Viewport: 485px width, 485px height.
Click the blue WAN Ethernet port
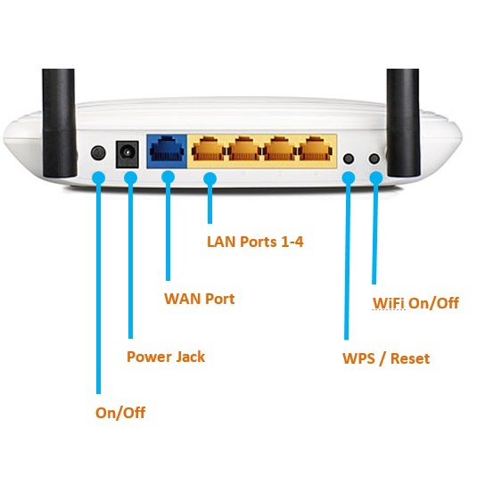(x=167, y=151)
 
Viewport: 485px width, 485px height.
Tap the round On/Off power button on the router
(x=98, y=152)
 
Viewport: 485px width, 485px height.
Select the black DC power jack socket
(x=127, y=154)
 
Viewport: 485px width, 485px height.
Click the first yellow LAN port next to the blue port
(x=209, y=150)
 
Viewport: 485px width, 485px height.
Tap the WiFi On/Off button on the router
(x=374, y=159)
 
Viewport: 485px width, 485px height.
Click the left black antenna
(x=59, y=123)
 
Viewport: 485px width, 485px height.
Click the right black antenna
(x=404, y=123)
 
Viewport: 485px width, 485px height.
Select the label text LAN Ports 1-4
(x=255, y=242)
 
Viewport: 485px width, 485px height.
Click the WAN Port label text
(x=200, y=299)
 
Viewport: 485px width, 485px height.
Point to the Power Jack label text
(x=166, y=357)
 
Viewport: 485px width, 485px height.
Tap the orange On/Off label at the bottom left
(x=120, y=413)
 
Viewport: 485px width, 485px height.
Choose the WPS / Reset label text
(x=386, y=358)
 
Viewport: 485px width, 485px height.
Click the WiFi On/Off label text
(x=415, y=303)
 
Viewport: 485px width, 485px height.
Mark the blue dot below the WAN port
(x=168, y=177)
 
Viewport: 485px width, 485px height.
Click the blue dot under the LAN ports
(x=210, y=179)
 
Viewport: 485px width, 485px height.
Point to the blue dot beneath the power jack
(x=130, y=178)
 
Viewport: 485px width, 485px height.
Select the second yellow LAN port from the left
(x=244, y=150)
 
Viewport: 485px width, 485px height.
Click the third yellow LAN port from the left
(x=280, y=150)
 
